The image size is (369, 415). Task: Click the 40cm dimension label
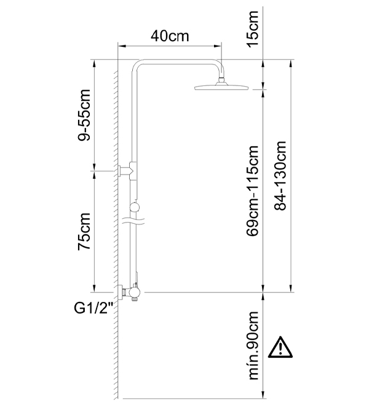click(x=170, y=36)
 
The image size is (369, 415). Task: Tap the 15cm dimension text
click(x=252, y=28)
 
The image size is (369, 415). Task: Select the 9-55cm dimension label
click(x=84, y=115)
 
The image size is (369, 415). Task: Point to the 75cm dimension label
click(x=84, y=231)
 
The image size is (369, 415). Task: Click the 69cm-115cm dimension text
click(x=252, y=191)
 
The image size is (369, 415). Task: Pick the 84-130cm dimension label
click(x=280, y=176)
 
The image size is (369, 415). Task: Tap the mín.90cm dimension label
click(x=253, y=346)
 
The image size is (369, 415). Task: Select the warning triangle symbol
click(x=280, y=347)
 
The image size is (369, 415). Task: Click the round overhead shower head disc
click(x=221, y=87)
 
